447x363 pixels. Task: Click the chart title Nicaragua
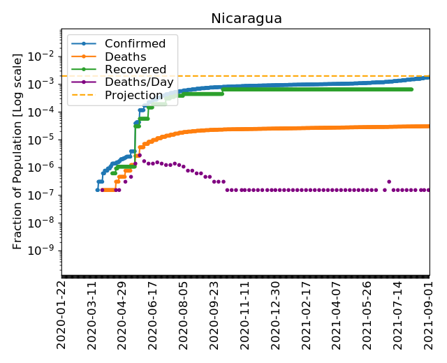[247, 19]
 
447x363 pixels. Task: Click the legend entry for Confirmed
[135, 44]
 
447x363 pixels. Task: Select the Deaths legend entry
[125, 57]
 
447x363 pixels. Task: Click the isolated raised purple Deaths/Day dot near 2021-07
[389, 181]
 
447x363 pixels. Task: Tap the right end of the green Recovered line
[411, 89]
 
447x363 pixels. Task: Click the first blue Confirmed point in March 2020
[98, 190]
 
